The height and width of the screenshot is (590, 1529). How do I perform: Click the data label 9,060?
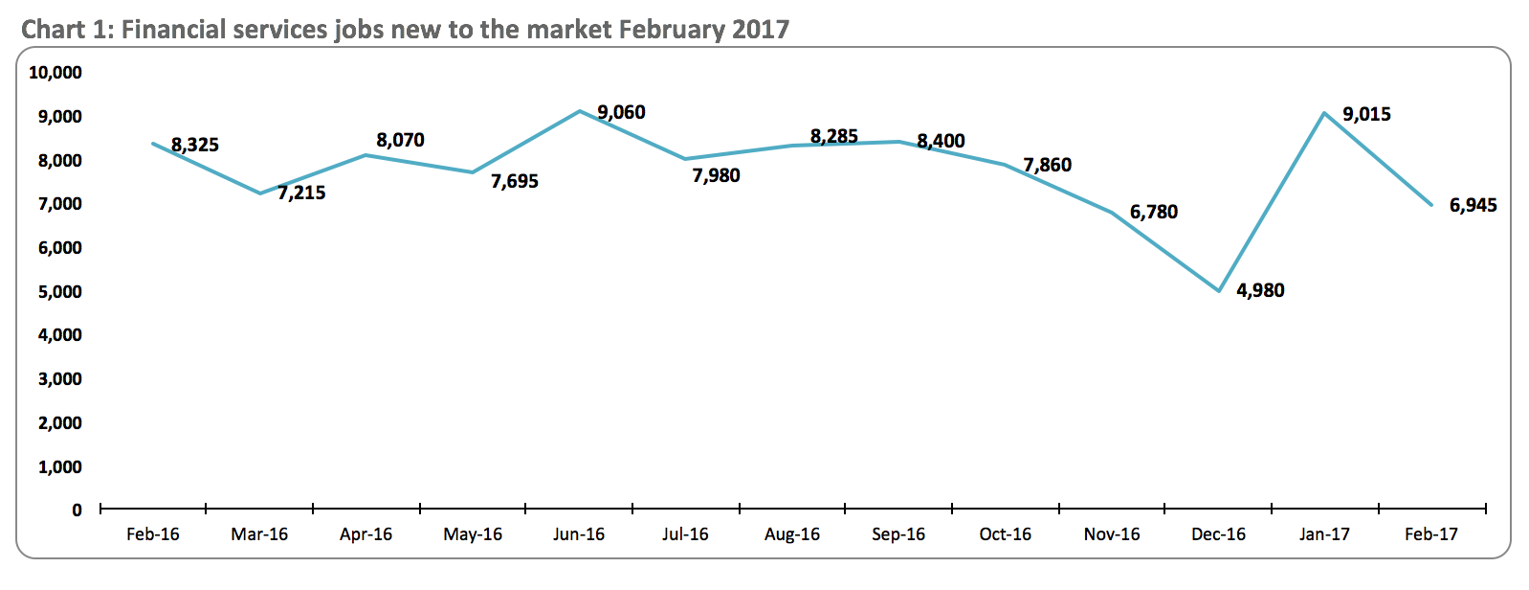621,113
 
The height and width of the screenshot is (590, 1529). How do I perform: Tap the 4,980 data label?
1260,290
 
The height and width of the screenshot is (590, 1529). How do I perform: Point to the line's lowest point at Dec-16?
1219,291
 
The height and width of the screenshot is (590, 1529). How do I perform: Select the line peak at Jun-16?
580,111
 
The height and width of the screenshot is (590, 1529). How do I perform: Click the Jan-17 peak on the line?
1324,113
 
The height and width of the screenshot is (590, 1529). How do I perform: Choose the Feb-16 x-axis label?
153,534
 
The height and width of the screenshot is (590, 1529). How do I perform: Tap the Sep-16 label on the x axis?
898,534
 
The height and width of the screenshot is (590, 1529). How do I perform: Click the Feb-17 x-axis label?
1431,534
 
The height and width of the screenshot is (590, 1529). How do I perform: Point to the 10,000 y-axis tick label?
55,73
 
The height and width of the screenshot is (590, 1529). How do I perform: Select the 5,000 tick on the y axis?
60,291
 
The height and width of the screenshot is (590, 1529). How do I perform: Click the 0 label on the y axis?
77,511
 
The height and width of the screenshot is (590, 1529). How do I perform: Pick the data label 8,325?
195,145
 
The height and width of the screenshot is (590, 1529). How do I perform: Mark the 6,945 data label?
1474,205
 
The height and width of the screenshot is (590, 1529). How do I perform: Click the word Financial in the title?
176,30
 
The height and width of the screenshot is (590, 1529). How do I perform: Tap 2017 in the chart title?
761,30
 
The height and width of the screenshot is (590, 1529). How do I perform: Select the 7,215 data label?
301,193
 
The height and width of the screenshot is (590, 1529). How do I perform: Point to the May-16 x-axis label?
473,534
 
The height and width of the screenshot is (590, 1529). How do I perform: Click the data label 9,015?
1366,115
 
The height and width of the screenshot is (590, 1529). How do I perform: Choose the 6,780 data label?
1154,212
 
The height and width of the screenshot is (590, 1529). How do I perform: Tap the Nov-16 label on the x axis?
1112,534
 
